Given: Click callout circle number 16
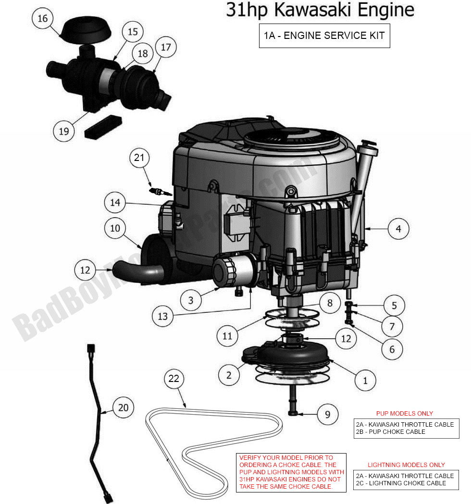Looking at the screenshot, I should [x=43, y=19].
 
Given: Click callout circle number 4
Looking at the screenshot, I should [x=398, y=229].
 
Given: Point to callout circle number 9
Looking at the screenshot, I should [x=327, y=414].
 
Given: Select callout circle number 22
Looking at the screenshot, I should [x=174, y=379].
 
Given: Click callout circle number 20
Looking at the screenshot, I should [x=124, y=407].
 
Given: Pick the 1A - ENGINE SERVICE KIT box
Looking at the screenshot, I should [x=324, y=36].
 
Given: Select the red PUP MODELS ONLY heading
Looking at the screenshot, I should [x=404, y=413].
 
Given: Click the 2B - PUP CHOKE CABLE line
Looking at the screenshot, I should [x=390, y=431].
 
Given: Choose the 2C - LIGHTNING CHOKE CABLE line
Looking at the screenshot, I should [x=401, y=483].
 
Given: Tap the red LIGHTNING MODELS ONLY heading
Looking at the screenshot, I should [x=406, y=465].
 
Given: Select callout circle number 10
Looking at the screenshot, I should [x=115, y=228].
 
